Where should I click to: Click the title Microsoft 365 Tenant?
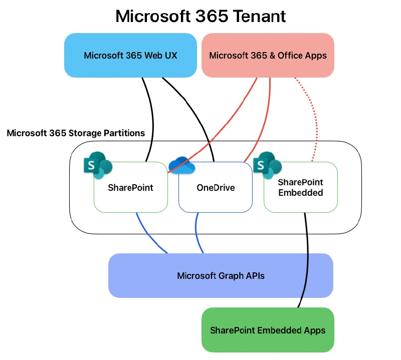tap(200, 16)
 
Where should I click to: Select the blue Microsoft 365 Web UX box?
tap(130, 56)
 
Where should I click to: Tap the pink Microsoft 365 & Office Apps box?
tap(268, 56)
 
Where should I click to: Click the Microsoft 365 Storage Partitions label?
tap(76, 133)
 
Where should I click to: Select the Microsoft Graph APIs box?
tap(221, 276)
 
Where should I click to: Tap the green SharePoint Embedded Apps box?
tap(268, 330)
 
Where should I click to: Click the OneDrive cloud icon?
tap(180, 166)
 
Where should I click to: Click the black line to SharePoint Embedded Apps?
tap(306, 260)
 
